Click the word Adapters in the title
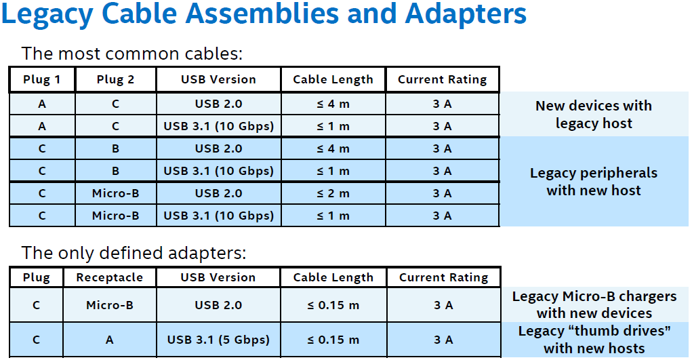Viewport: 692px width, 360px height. tap(465, 15)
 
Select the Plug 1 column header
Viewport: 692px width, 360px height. tap(41, 79)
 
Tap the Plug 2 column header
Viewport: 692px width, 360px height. tap(115, 79)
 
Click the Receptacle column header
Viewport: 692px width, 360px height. tap(109, 277)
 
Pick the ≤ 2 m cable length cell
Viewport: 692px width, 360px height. tap(333, 193)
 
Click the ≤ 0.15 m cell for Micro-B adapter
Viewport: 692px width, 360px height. tap(333, 305)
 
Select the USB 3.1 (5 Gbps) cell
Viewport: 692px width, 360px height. tap(218, 340)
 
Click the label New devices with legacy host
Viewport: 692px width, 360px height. tap(593, 115)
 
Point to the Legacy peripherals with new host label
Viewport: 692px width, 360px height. tap(593, 182)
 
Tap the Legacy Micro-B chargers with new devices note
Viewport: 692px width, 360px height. tap(594, 304)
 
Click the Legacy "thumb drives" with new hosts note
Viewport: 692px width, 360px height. tap(594, 340)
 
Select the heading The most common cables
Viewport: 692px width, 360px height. tap(131, 54)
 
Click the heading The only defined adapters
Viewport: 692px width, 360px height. tap(134, 254)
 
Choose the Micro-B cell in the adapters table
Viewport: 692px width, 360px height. tap(109, 305)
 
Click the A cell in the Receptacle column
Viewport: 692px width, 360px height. tap(109, 340)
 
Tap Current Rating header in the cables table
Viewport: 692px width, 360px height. tap(442, 79)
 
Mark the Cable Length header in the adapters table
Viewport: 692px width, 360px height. tap(333, 277)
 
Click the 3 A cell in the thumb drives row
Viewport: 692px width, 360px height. tap(443, 340)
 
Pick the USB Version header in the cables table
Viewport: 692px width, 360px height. tap(218, 79)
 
